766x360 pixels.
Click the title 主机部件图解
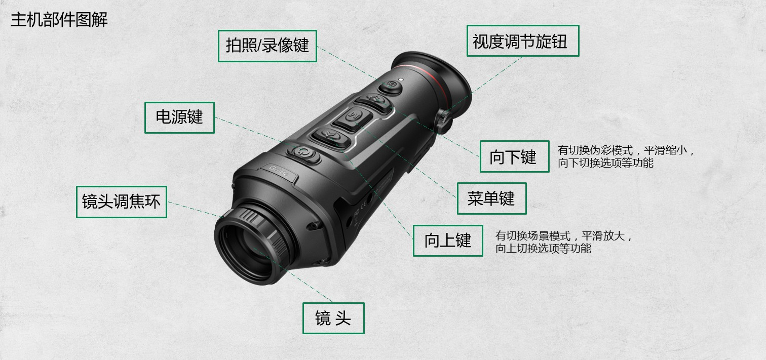click(59, 19)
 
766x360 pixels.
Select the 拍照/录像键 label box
click(267, 46)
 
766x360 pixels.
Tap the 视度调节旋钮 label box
click(523, 41)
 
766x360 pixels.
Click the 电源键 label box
click(179, 117)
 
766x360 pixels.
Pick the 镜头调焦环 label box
click(122, 202)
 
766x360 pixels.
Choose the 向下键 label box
click(515, 156)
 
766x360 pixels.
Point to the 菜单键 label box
click(492, 198)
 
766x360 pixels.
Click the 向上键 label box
click(448, 241)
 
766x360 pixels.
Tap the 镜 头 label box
click(333, 318)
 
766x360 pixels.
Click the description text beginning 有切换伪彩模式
click(626, 156)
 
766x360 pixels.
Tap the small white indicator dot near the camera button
click(401, 79)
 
